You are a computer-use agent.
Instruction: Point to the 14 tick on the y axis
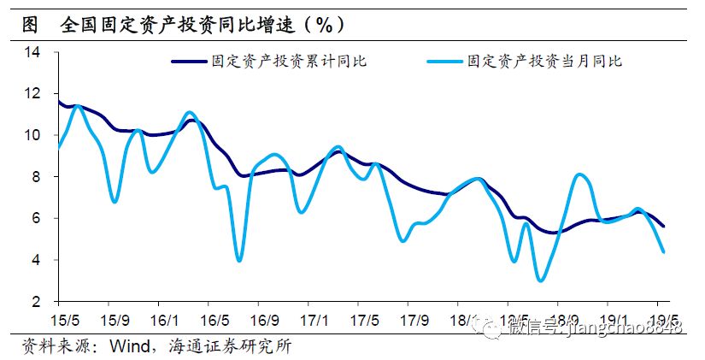coord(33,52)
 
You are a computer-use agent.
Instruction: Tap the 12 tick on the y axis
coord(33,94)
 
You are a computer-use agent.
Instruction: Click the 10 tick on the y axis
coord(33,135)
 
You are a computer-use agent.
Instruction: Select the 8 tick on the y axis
coord(37,177)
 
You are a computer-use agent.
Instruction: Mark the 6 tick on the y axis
coord(37,219)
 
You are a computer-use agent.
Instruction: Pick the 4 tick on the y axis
coord(37,260)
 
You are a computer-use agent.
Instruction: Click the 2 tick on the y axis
coord(37,302)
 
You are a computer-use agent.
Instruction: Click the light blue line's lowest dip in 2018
coord(540,280)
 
